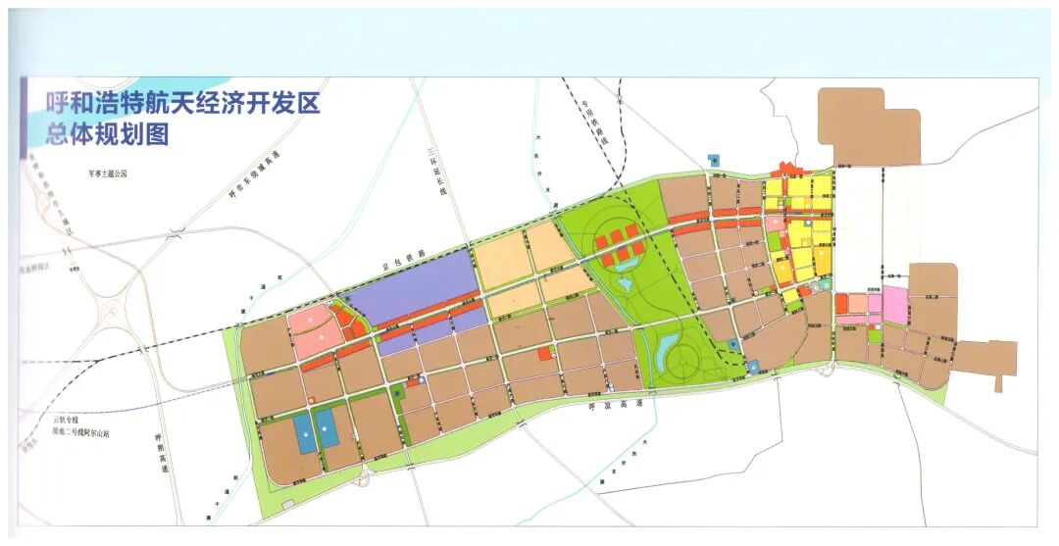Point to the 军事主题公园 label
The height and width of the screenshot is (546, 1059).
(108, 174)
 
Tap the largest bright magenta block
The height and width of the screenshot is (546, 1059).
(895, 305)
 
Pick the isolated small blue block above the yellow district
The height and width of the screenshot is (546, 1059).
(713, 158)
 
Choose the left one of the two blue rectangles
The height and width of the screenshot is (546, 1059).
(306, 432)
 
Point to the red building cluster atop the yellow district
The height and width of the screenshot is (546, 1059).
(785, 169)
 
